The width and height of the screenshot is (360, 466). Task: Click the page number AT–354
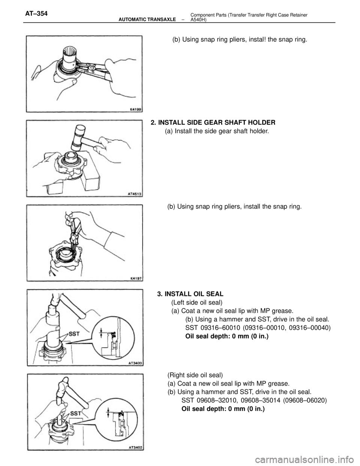pyautogui.click(x=36, y=14)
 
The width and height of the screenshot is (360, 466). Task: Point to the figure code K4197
pyautogui.click(x=136, y=278)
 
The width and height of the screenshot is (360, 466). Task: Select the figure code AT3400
pyautogui.click(x=136, y=363)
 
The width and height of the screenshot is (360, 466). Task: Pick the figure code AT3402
pyautogui.click(x=136, y=448)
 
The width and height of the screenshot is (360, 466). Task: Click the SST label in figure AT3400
pyautogui.click(x=74, y=334)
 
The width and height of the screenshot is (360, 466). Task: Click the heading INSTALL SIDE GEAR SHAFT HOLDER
pyautogui.click(x=217, y=122)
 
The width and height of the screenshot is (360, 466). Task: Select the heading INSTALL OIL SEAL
pyautogui.click(x=194, y=293)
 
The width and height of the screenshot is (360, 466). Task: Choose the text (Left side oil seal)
pyautogui.click(x=197, y=302)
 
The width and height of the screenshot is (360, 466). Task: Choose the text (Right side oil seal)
pyautogui.click(x=195, y=375)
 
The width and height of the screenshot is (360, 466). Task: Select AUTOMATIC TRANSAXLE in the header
pyautogui.click(x=147, y=20)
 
